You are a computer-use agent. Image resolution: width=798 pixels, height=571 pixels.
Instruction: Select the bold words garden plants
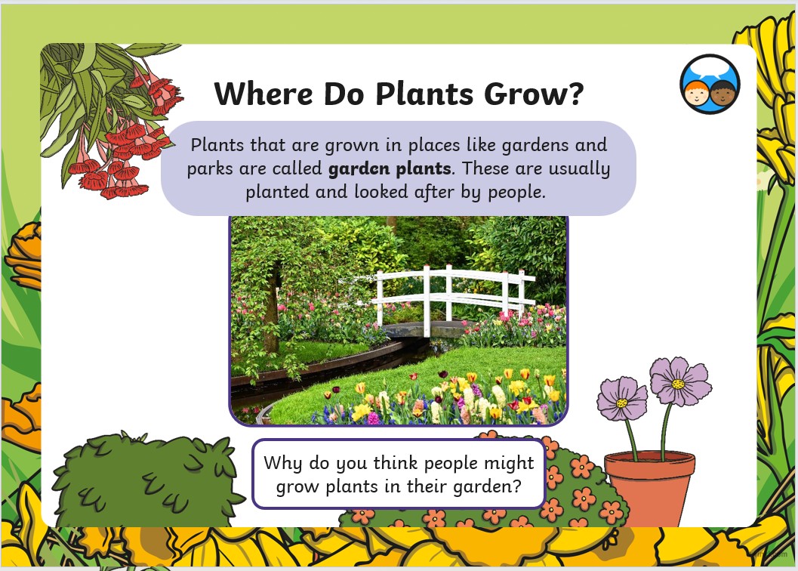[x=390, y=168]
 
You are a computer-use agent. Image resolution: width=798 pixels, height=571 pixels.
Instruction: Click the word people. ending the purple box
[x=516, y=192]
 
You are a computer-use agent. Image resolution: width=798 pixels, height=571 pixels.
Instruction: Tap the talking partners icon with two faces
[x=710, y=84]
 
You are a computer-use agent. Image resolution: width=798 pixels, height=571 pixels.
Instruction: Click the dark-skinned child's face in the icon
[x=723, y=92]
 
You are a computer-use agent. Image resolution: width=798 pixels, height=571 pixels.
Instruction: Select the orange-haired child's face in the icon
[x=696, y=93]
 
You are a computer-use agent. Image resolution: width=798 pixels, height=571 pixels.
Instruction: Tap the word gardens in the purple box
[x=535, y=146]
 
